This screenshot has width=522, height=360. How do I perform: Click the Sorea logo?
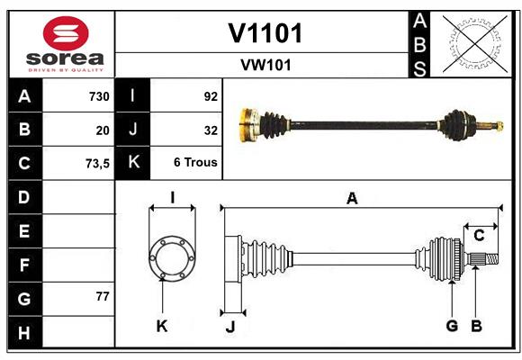(65, 45)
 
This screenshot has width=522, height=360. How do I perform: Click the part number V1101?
(265, 33)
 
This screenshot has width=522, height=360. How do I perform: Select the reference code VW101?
(265, 65)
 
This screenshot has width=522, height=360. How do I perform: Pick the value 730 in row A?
(99, 96)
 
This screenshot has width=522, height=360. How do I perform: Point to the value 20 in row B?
(103, 130)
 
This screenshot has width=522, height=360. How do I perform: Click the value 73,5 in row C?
(97, 164)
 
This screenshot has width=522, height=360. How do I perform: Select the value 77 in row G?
(102, 296)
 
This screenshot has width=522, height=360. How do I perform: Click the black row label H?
(24, 333)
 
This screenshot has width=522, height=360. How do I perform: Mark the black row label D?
(24, 197)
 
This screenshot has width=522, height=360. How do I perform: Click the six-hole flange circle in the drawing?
(172, 259)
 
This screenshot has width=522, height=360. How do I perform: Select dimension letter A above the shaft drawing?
(352, 199)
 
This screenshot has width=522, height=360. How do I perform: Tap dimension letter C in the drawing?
(479, 236)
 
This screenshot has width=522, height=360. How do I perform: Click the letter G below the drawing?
(452, 326)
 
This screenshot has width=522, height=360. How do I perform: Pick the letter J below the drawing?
(229, 326)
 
